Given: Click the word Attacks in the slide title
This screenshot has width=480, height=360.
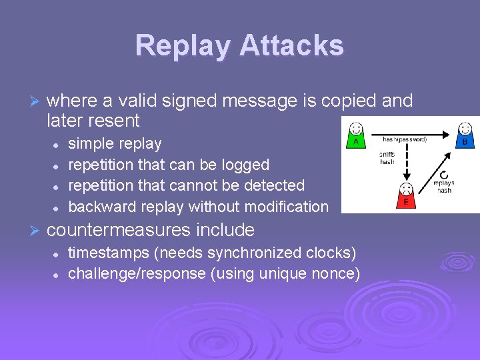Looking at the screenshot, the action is (291, 46).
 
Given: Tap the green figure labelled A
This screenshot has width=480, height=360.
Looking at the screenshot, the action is (356, 134).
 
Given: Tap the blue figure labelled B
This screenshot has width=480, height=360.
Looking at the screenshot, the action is (465, 134).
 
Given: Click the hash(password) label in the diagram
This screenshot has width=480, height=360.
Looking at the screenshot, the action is (405, 139).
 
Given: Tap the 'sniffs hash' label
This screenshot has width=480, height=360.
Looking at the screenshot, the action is (387, 157).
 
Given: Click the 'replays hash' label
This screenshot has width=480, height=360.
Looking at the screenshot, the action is (444, 186).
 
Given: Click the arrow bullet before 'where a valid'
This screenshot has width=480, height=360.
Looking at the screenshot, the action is (36, 101).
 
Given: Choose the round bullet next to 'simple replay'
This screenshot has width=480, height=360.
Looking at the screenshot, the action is (57, 144).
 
